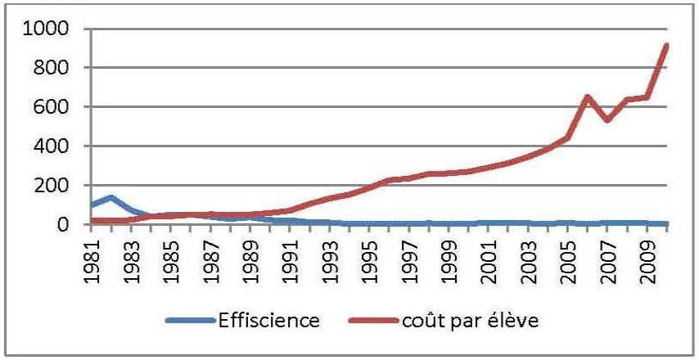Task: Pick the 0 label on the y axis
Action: (72, 224)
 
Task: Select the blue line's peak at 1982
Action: (110, 197)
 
